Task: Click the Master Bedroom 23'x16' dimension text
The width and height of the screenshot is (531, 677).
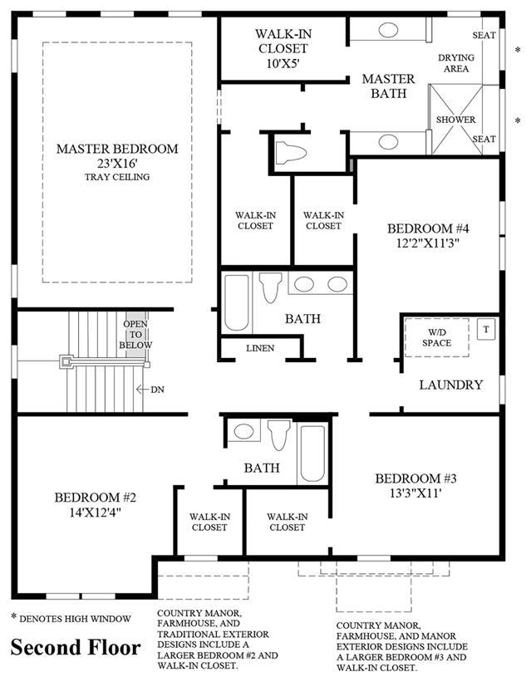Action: tap(117, 164)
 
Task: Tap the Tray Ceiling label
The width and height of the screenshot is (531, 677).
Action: tap(117, 177)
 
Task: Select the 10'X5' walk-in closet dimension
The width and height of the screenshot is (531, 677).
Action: tap(283, 63)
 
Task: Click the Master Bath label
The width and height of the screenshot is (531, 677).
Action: tap(388, 86)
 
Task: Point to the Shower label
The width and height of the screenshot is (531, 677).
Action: tap(455, 120)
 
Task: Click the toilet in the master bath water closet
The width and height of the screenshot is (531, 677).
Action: tap(290, 152)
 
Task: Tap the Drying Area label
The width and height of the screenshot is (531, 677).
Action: tap(456, 63)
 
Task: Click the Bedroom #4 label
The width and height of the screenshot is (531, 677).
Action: tap(428, 228)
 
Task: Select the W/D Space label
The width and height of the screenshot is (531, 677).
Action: tap(436, 337)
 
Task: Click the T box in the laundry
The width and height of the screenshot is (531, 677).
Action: tap(486, 330)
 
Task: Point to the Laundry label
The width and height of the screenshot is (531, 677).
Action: tap(450, 385)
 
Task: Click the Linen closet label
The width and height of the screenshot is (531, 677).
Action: tap(260, 348)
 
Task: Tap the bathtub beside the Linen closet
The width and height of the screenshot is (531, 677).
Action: tap(237, 302)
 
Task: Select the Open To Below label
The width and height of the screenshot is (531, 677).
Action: tap(135, 335)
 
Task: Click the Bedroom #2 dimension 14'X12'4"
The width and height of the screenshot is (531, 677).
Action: tap(95, 513)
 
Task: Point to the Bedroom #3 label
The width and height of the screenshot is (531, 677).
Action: tap(415, 478)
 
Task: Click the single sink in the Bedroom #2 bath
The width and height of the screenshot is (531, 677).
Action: tap(243, 431)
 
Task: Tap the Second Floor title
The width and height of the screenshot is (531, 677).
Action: tap(76, 648)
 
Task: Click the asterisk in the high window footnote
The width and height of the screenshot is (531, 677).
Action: tap(14, 616)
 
